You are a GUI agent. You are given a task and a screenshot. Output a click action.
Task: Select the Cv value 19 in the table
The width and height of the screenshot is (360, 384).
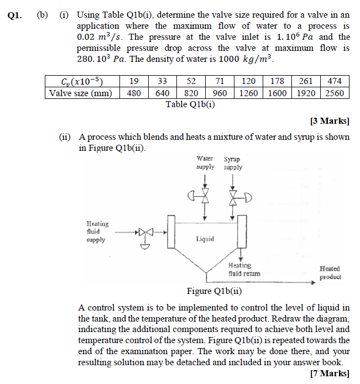click(134, 81)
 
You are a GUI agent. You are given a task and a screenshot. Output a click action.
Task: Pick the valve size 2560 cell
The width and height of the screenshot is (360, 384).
click(335, 93)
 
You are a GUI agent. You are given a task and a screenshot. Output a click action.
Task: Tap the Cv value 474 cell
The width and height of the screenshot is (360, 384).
click(335, 81)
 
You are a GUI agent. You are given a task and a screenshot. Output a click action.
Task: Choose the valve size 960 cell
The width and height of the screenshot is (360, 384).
click(220, 93)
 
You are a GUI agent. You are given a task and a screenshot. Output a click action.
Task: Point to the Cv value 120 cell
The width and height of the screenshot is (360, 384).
click(248, 81)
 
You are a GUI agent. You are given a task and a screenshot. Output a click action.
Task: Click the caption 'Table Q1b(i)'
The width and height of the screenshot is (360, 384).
click(190, 104)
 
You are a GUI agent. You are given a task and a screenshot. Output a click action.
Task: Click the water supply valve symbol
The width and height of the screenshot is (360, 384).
click(205, 197)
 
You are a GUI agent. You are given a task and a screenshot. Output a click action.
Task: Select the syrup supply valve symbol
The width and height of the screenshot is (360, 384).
click(234, 197)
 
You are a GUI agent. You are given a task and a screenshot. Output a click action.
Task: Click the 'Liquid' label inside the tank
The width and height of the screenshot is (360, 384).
click(205, 239)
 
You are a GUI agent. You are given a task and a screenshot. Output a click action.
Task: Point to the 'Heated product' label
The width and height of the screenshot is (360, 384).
click(330, 272)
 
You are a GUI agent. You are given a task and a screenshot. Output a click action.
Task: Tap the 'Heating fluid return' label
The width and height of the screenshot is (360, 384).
click(243, 269)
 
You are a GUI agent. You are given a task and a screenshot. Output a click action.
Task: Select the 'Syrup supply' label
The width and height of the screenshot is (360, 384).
click(233, 163)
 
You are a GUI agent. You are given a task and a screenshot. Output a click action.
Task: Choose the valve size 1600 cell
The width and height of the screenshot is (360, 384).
click(277, 93)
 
